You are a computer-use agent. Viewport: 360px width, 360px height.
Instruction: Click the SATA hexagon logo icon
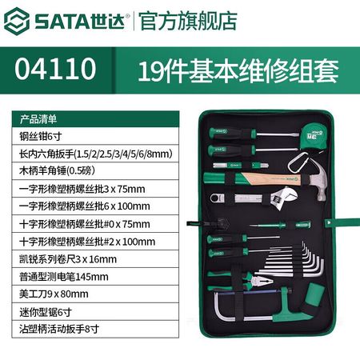pos(17,21)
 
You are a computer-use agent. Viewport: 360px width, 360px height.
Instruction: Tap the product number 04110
pos(55,69)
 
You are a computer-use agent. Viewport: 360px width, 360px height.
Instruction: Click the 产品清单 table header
pos(38,119)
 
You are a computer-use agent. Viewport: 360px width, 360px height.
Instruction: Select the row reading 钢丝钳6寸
pos(95,136)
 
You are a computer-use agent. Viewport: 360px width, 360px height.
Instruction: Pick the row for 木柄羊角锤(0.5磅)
pos(95,171)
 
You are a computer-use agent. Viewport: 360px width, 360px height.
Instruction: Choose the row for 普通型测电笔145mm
pos(95,277)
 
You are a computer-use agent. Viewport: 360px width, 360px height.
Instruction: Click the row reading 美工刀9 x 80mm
pos(95,294)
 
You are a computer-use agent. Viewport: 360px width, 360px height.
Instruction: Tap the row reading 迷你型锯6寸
pos(95,312)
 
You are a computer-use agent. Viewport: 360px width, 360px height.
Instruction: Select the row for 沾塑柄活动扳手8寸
pos(95,329)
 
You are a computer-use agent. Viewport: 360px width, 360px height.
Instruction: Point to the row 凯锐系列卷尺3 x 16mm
pos(95,259)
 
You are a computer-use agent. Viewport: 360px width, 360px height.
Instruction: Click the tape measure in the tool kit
pos(314,137)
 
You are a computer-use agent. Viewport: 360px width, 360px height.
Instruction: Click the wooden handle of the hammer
pos(270,178)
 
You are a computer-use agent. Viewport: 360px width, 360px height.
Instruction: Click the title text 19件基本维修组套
pos(238,71)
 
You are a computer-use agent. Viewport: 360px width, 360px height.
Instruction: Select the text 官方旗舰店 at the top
pos(188,21)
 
